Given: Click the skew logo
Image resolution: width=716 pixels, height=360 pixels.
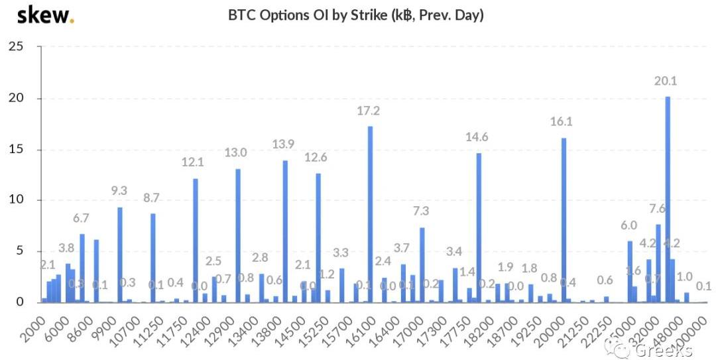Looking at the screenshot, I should coord(45,15).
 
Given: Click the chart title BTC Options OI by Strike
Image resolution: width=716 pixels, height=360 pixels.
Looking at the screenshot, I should coord(356,15).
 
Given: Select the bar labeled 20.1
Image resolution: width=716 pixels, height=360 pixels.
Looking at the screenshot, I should coord(668,199).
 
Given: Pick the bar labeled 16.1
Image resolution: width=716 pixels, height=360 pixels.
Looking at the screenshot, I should coord(564,219).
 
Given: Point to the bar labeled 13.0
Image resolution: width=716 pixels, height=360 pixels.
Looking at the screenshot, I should coord(237,235).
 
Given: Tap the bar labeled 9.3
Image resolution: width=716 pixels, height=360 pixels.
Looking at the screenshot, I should coord(120,255).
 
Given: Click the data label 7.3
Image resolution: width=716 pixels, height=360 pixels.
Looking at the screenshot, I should coord(422,212).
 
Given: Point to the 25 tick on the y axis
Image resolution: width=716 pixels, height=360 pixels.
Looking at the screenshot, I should coord(16,47).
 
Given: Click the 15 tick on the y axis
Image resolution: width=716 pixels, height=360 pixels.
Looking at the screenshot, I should coord(16,149).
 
